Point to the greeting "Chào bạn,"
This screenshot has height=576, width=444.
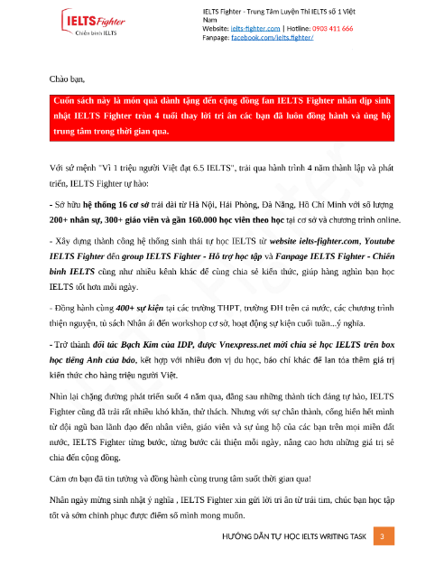click(66, 80)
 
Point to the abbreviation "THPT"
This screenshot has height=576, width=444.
click(219, 309)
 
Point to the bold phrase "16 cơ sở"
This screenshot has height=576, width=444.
click(146, 206)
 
